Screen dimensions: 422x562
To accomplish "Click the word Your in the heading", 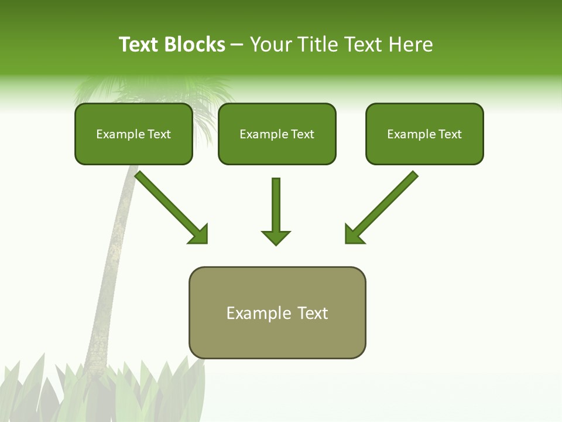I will point(270,45).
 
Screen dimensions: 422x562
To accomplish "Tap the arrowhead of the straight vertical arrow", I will point(276,238).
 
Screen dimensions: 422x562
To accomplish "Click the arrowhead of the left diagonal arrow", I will point(199,234).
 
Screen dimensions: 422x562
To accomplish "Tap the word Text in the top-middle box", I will point(302,134).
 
